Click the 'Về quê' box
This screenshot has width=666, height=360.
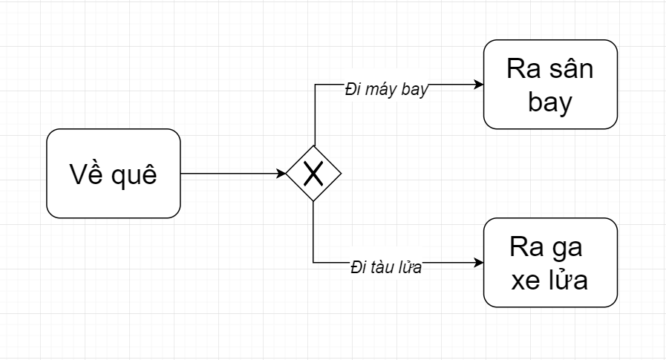(114, 174)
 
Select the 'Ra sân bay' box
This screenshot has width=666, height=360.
(550, 85)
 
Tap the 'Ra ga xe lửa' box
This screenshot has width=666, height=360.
(550, 263)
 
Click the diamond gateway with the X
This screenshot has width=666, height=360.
(313, 173)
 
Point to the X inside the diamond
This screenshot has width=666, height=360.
(313, 174)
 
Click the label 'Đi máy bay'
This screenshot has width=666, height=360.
(386, 90)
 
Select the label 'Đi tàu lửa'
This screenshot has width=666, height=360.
(386, 267)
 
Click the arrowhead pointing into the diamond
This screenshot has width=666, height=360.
(281, 174)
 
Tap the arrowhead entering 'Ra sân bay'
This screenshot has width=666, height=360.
(479, 85)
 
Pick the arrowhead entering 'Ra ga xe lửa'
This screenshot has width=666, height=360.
(479, 263)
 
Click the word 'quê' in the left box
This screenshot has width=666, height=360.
(134, 174)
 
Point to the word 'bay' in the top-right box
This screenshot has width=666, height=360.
(550, 102)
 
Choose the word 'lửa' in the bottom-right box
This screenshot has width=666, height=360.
(569, 278)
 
